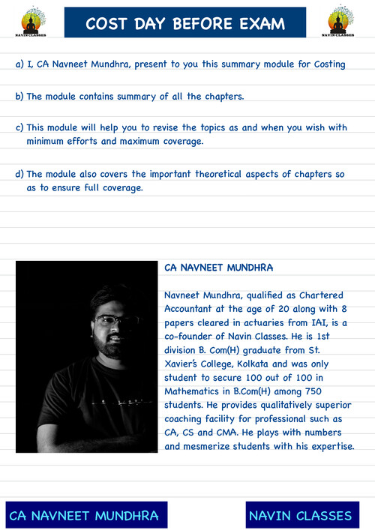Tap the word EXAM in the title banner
[258, 24]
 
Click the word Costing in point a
[326, 64]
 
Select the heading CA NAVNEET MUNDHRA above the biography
[218, 267]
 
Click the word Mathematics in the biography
[196, 391]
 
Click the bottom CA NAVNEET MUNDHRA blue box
[84, 516]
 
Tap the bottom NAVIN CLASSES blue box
[300, 516]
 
